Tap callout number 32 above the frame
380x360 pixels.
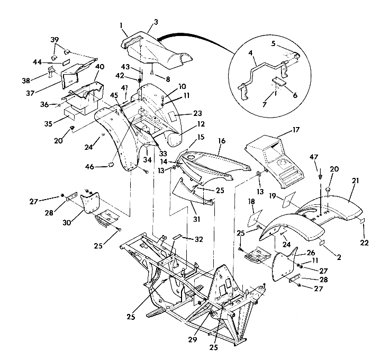(x=199, y=239)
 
